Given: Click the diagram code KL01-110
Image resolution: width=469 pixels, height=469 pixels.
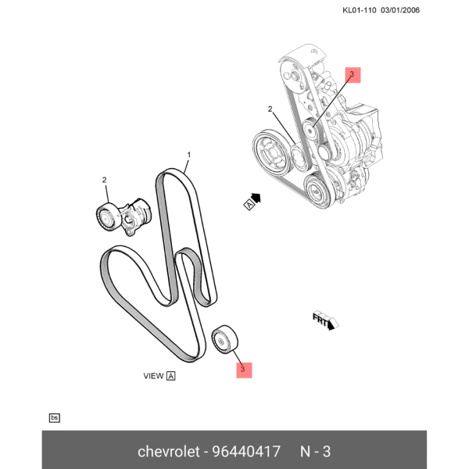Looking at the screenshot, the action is point(360,10).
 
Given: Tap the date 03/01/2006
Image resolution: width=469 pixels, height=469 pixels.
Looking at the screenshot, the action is point(400,10).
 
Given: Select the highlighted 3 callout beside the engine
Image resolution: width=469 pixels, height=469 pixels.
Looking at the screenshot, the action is point(353,75).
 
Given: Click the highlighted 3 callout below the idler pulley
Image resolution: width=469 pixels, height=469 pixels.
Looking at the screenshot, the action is point(244,371).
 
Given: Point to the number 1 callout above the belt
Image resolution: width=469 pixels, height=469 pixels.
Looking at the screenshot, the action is point(188,155).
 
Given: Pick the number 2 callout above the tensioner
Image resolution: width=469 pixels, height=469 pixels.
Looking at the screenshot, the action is point(104,180).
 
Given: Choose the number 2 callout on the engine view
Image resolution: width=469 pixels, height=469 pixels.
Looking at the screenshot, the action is point(270,109).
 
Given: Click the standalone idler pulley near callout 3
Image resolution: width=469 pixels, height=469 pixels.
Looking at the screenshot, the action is point(224,340).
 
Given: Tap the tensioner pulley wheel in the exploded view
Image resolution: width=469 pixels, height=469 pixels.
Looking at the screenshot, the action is point(106,217).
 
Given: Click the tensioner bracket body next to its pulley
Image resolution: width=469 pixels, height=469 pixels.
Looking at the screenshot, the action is point(135,216).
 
